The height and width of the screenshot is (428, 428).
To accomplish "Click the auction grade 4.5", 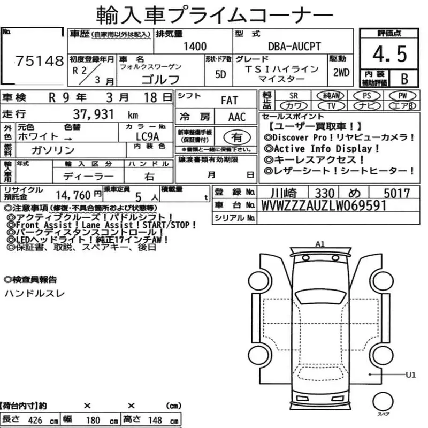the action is (x=389, y=54).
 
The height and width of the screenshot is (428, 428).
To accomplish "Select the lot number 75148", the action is (x=40, y=61).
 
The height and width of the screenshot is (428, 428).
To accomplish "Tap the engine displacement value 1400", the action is (x=195, y=47).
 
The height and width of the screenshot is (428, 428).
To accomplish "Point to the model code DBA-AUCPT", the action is (x=295, y=47).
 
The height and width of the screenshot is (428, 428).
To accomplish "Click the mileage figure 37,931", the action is (x=93, y=114).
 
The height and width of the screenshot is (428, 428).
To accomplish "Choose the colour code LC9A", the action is (x=148, y=136).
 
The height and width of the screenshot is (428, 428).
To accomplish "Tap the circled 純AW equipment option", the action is (x=331, y=96).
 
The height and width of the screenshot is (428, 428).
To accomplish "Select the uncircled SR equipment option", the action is (x=293, y=96).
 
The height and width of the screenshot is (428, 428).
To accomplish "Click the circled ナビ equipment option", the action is (x=366, y=105).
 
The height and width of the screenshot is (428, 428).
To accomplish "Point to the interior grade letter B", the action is (x=404, y=79).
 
